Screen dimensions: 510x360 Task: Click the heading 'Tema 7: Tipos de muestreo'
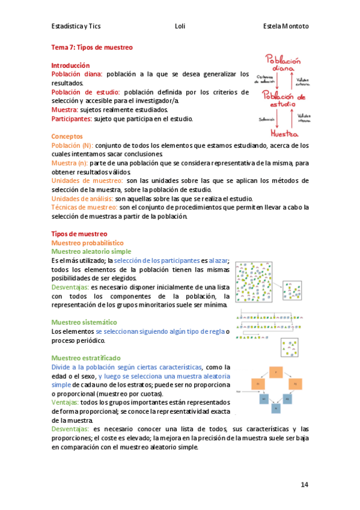click(91, 46)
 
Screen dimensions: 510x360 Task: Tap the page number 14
click(304, 485)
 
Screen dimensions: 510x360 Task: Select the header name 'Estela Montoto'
click(285, 26)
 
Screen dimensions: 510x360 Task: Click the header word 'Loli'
click(180, 26)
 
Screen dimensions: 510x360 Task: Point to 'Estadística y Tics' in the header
click(78, 26)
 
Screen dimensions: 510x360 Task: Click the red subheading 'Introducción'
click(70, 65)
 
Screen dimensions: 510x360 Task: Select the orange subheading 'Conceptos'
click(67, 137)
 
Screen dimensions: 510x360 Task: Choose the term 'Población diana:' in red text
click(77, 74)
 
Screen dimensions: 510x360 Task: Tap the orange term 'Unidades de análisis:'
click(82, 198)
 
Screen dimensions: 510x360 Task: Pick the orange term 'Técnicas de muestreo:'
click(84, 207)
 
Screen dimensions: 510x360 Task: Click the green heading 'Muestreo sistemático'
click(84, 322)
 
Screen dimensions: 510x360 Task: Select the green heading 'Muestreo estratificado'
click(86, 358)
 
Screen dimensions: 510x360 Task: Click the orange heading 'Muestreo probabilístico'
click(87, 242)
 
